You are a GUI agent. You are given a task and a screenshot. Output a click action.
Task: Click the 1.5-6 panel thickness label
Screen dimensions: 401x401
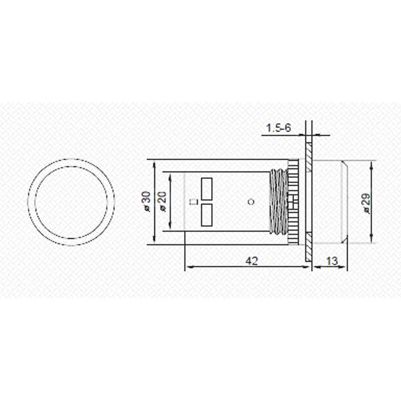click(x=279, y=128)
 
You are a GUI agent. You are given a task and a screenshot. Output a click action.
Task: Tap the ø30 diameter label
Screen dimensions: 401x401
click(x=147, y=202)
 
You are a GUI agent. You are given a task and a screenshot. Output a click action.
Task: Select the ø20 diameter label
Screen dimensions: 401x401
click(x=162, y=202)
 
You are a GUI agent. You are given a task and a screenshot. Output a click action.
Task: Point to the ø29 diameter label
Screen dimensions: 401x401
click(x=366, y=204)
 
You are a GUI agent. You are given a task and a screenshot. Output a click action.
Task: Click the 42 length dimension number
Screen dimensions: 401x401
click(x=252, y=261)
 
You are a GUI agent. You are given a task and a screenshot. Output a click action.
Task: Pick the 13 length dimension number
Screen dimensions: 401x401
click(x=332, y=261)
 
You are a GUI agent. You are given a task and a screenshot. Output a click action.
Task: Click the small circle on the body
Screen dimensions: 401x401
click(x=251, y=202)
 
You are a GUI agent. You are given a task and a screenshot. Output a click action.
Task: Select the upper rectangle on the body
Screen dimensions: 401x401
click(x=207, y=189)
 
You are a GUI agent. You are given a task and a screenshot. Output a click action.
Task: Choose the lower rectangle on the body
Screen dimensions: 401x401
click(x=207, y=215)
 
